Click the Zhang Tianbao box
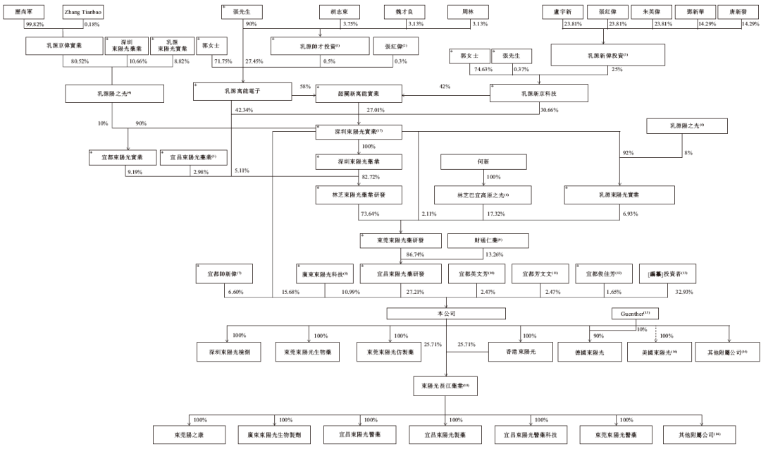point(82,13)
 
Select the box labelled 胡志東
point(340,13)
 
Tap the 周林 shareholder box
point(466,13)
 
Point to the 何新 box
point(482,161)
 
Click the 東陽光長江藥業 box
point(445,386)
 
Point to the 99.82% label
point(35,25)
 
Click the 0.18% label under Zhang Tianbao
point(92,25)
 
